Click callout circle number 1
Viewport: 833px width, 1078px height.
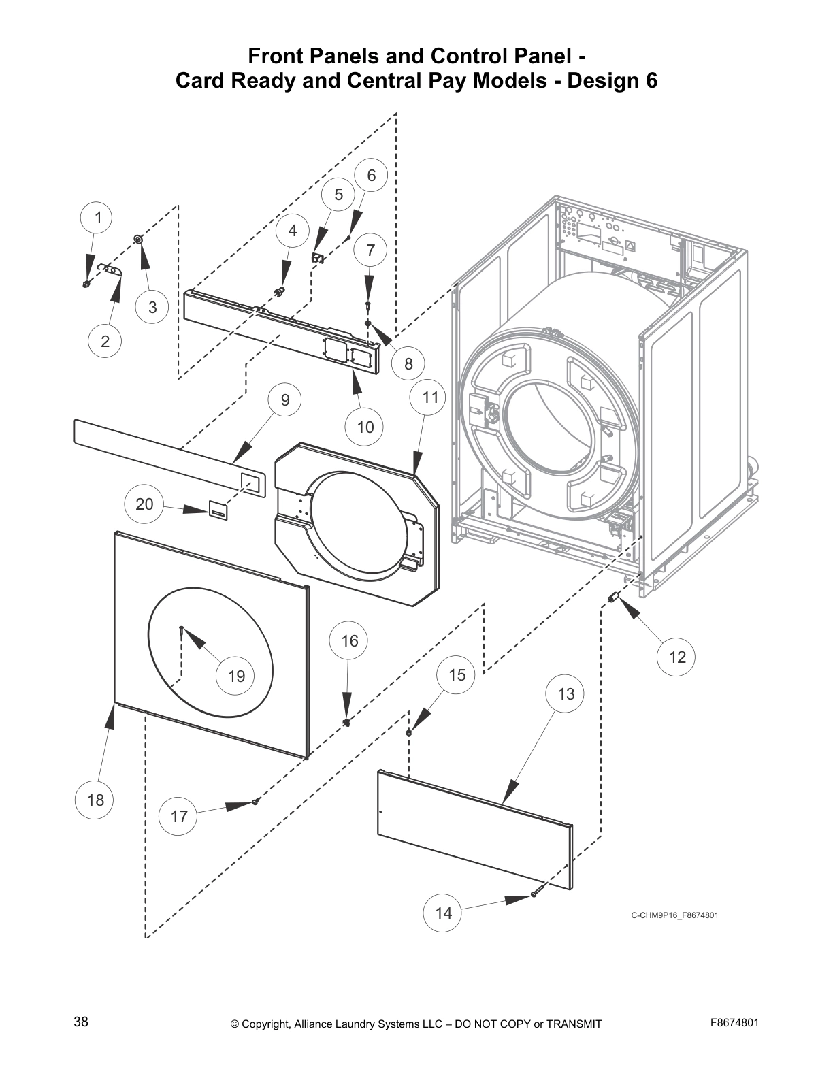(99, 218)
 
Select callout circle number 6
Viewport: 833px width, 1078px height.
(372, 176)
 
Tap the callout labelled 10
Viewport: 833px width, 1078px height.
(365, 427)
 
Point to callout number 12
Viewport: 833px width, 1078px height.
(677, 657)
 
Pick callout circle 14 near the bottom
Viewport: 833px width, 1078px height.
(443, 913)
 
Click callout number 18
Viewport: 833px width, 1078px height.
(95, 800)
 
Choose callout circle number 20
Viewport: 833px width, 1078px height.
(144, 504)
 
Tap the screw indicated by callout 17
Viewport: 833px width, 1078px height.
(255, 802)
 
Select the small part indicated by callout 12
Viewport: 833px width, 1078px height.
(612, 597)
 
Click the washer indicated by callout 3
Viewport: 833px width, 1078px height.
(138, 239)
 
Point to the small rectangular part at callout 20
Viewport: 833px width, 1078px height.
(217, 509)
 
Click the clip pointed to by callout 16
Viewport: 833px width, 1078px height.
(346, 721)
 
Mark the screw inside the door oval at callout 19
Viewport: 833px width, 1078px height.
(181, 629)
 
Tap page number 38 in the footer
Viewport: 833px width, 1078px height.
(80, 1022)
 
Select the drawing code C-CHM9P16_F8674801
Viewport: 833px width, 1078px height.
(674, 915)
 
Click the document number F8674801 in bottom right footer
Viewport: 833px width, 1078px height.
(734, 1022)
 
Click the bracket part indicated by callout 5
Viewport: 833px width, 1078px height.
(317, 257)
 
